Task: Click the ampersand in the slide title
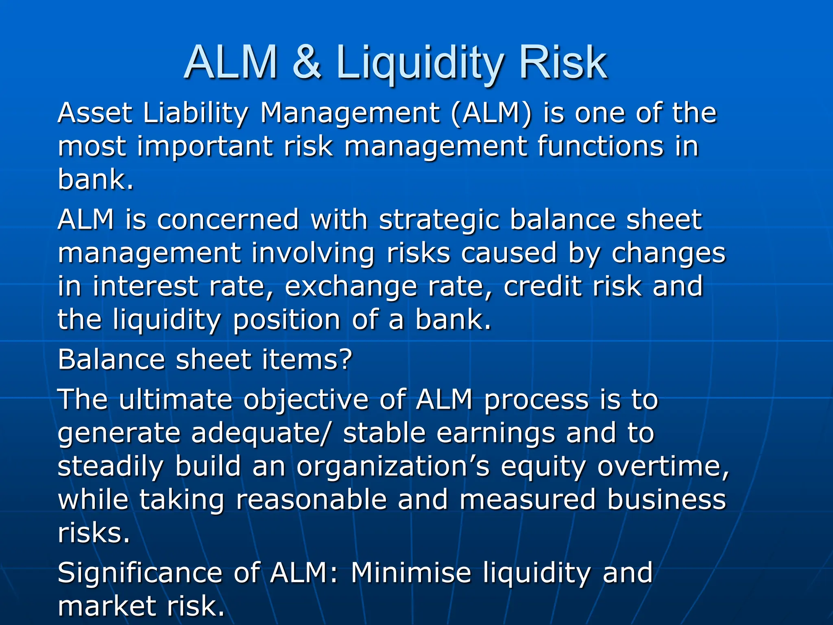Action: pyautogui.click(x=307, y=62)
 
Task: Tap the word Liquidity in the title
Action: pyautogui.click(x=419, y=64)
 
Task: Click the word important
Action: pyautogui.click(x=204, y=147)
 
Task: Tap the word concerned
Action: pyautogui.click(x=228, y=219)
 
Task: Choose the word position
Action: pyautogui.click(x=286, y=320)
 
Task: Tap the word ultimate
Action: pyautogui.click(x=175, y=399)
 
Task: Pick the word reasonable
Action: pyautogui.click(x=311, y=499)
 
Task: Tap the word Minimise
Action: pyautogui.click(x=411, y=573)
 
